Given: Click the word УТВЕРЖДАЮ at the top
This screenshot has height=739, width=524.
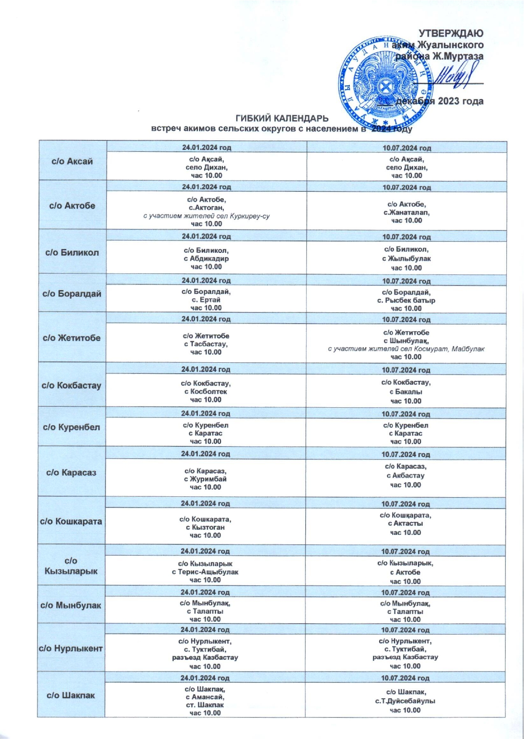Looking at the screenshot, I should (x=451, y=33).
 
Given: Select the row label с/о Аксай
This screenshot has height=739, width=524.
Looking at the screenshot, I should (x=72, y=161).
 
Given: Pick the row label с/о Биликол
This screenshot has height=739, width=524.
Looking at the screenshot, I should (x=72, y=252).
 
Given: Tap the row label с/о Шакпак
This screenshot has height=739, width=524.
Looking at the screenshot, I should (x=71, y=695).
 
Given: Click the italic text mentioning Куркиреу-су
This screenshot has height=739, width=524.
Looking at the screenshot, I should (x=206, y=216).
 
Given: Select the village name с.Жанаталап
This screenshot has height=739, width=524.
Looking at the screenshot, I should (x=406, y=212).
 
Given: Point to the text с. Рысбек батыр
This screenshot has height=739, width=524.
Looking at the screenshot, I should (x=406, y=300).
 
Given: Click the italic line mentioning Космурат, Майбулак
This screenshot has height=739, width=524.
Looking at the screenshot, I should (x=406, y=349).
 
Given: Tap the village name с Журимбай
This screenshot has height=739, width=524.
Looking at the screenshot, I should (x=205, y=479).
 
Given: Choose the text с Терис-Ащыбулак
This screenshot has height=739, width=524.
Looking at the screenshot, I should (x=205, y=572).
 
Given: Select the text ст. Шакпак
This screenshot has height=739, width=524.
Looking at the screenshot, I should (x=205, y=705).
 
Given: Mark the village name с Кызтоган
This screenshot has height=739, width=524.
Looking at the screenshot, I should (x=205, y=527).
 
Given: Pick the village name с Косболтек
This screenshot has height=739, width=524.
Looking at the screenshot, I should (x=206, y=392).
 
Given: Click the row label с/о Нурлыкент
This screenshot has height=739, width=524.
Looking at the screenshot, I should (x=71, y=648).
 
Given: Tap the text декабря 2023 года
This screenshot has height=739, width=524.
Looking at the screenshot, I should (x=439, y=101).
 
